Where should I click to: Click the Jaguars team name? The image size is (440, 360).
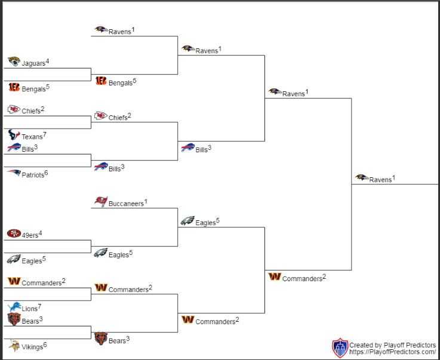pyautogui.click(x=33, y=63)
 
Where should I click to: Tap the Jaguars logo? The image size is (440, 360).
pyautogui.click(x=14, y=61)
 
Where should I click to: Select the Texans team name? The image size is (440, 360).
pyautogui.click(x=32, y=137)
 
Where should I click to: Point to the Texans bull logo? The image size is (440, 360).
pyautogui.click(x=14, y=135)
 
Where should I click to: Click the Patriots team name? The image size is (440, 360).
pyautogui.click(x=33, y=175)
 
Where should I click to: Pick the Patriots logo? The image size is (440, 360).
pyautogui.click(x=14, y=173)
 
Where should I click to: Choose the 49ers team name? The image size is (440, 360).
pyautogui.click(x=30, y=235)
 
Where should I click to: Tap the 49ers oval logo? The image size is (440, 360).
pyautogui.click(x=14, y=233)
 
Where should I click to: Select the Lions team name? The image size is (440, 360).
pyautogui.click(x=30, y=309)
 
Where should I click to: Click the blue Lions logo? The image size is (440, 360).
pyautogui.click(x=14, y=307)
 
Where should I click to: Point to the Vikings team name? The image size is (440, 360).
pyautogui.click(x=32, y=347)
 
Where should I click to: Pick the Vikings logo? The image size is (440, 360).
pyautogui.click(x=14, y=345)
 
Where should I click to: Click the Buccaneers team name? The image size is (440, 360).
pyautogui.click(x=126, y=204)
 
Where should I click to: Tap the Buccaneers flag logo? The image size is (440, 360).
pyautogui.click(x=101, y=201)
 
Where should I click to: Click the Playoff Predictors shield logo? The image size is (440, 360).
pyautogui.click(x=340, y=348)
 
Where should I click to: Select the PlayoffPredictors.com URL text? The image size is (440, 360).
pyautogui.click(x=393, y=352)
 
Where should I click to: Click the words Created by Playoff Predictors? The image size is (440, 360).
pyautogui.click(x=392, y=345)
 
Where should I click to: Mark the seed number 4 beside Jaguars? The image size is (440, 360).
pyautogui.click(x=47, y=61)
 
